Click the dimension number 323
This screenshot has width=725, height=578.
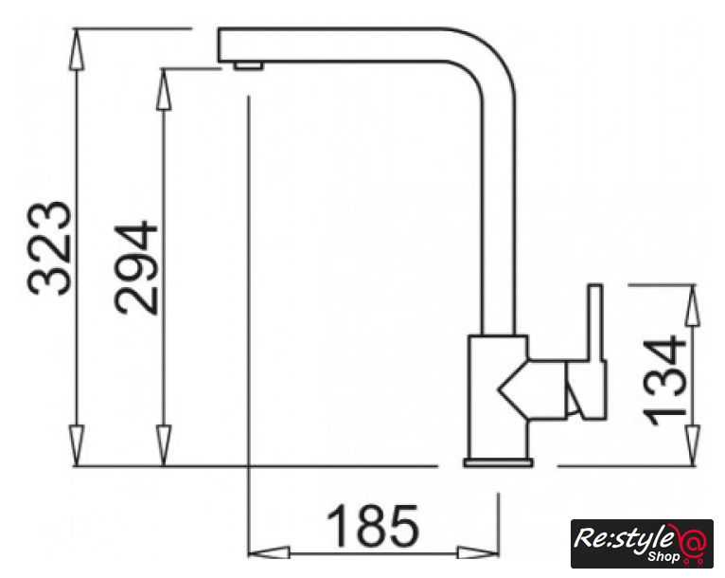click(x=50, y=248)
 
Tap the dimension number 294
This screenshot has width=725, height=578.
click(x=136, y=268)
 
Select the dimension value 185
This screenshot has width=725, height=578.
click(x=373, y=525)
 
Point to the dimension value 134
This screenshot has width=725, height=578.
click(x=664, y=380)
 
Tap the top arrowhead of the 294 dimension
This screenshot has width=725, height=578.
click(x=164, y=89)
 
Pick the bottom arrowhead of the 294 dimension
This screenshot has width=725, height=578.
click(x=164, y=445)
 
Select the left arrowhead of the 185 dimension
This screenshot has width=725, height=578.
click(x=270, y=552)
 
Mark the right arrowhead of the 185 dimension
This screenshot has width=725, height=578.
click(x=478, y=552)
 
